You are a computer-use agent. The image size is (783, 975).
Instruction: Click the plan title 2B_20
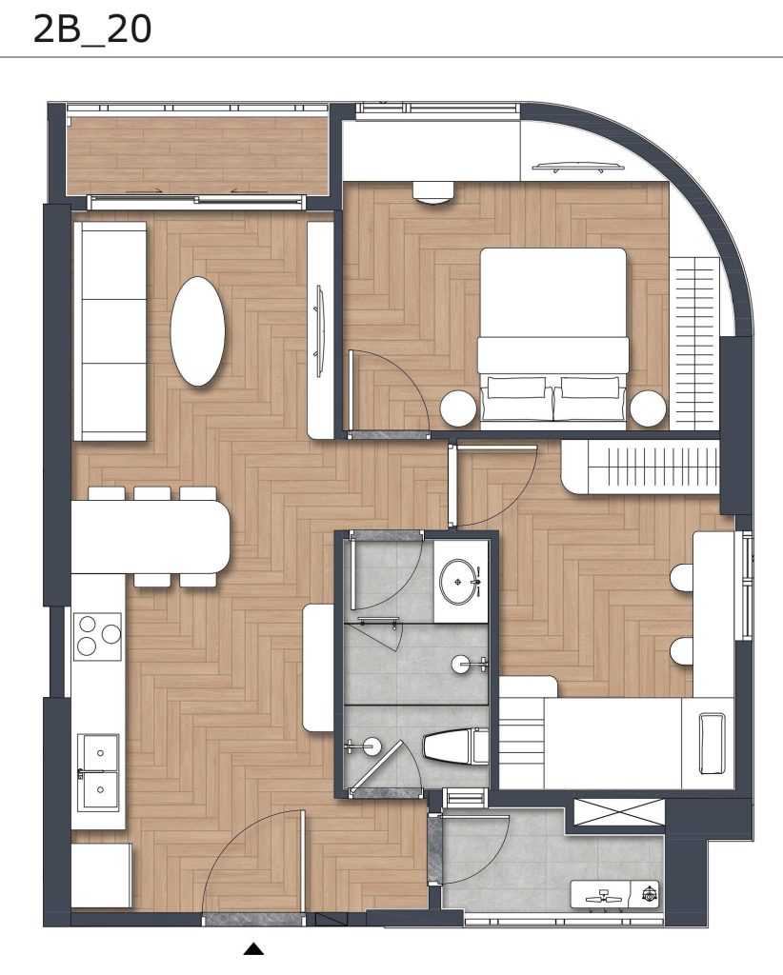click(92, 30)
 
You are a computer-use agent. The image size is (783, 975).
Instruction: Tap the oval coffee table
click(197, 331)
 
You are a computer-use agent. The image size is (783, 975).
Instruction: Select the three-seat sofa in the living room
click(110, 331)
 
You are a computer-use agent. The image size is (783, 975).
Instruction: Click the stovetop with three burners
click(98, 636)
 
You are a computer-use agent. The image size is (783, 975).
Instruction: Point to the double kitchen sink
click(98, 772)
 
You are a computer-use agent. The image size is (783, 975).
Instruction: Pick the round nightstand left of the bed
click(458, 408)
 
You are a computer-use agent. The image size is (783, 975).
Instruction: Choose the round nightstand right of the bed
click(648, 408)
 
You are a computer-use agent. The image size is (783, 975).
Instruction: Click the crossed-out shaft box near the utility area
click(619, 812)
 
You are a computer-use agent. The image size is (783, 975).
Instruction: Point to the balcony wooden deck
click(198, 155)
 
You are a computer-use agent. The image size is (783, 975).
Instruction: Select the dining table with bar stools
click(151, 537)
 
